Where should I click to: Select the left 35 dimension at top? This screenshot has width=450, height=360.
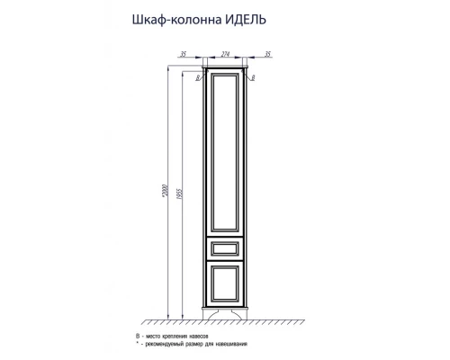coord(185,54)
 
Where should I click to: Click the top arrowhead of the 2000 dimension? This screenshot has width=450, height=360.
coord(167,65)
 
